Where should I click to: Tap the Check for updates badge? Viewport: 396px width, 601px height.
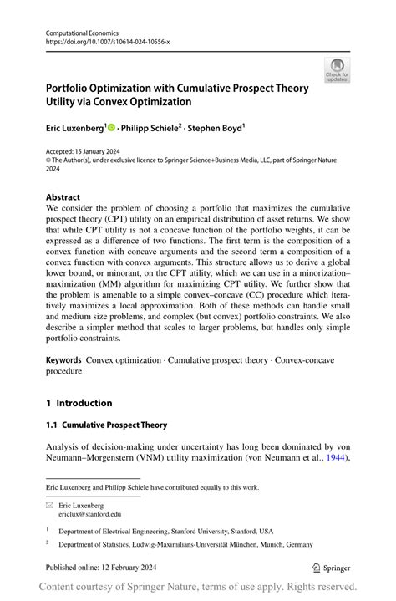[x=337, y=70]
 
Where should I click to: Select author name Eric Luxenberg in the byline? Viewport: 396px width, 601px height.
[x=75, y=130]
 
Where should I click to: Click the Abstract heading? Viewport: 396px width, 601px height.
[x=63, y=198]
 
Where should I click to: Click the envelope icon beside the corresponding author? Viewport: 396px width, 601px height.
[x=50, y=506]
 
